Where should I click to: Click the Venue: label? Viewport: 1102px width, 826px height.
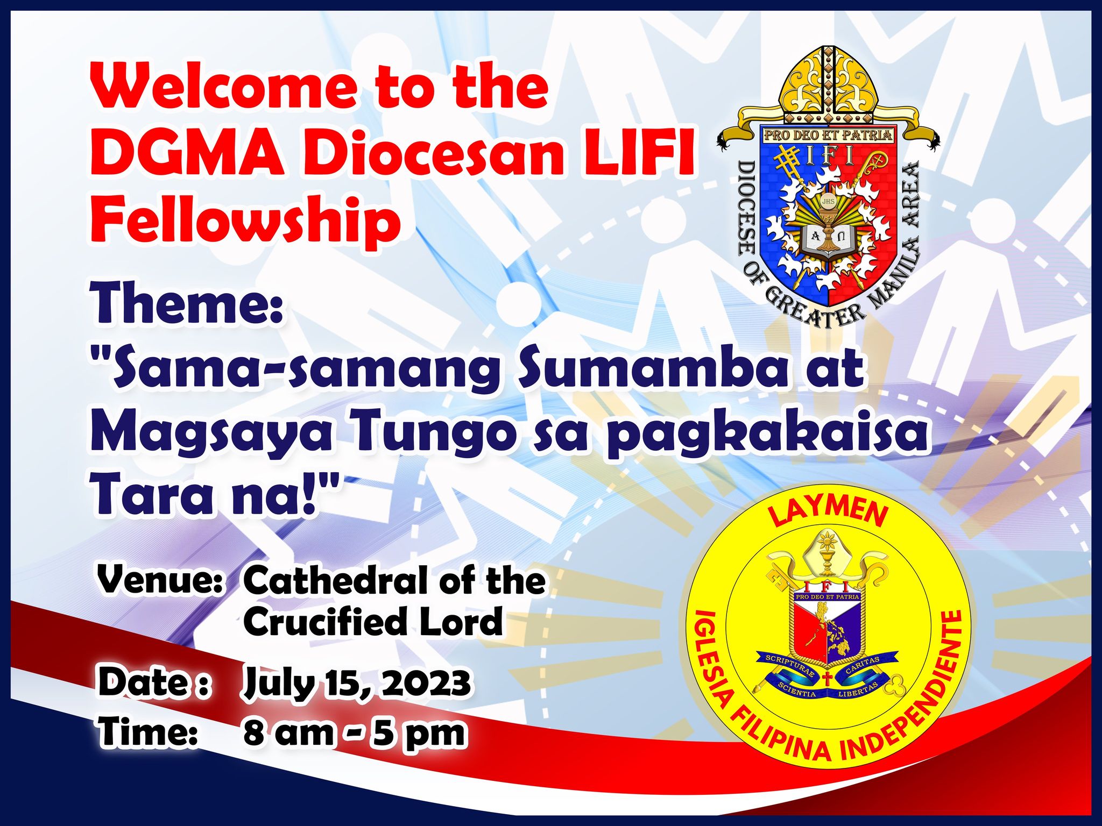tap(160, 581)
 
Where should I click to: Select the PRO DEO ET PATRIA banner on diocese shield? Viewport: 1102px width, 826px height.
tap(829, 135)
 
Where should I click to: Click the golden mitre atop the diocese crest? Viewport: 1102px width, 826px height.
tap(829, 83)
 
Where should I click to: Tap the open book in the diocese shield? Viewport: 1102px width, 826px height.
tap(829, 239)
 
